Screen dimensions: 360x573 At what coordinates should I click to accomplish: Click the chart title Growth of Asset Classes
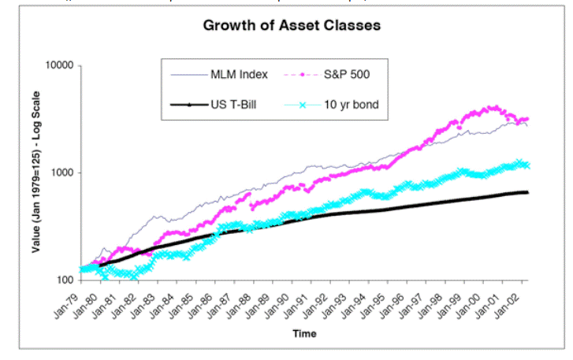(x=292, y=25)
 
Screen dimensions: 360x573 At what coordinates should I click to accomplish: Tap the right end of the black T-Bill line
(x=527, y=192)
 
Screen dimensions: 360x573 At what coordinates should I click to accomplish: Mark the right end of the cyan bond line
(x=527, y=165)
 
